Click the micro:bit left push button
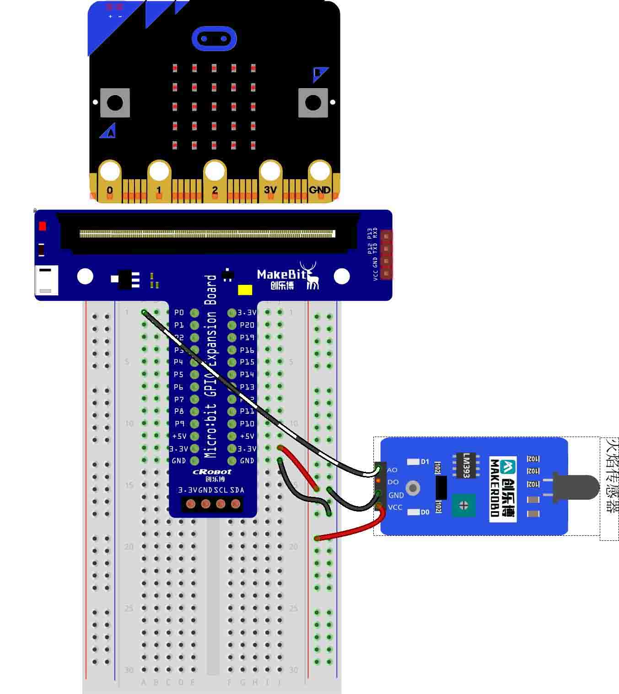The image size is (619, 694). coord(115,102)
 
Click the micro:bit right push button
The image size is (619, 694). coord(313,102)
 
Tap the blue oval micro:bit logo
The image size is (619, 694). coord(214,38)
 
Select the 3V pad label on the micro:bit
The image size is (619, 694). coord(270,189)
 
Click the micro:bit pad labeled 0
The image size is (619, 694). coord(110,190)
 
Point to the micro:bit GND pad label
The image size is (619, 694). coord(319,190)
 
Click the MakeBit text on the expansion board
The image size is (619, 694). coord(281,274)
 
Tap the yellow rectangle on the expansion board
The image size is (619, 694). coord(245,290)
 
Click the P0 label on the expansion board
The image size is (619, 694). coord(179,313)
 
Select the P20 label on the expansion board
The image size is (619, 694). coord(247,325)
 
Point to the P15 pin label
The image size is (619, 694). coord(247,362)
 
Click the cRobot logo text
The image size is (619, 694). coord(212,472)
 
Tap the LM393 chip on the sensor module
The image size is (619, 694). coord(466,465)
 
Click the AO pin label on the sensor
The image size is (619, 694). coord(392,470)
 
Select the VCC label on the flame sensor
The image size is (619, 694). coord(395,507)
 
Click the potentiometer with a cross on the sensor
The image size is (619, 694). coord(463,505)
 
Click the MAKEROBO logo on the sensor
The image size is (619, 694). coord(503,488)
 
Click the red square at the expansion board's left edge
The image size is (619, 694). coord(43,226)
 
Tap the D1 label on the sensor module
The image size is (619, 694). coord(425,462)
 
